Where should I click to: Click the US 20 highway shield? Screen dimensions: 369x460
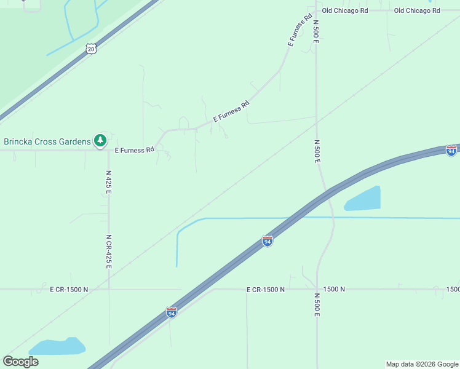click(91, 49)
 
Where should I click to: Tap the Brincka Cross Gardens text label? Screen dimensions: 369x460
click(47, 141)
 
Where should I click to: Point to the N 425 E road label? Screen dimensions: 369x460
click(108, 183)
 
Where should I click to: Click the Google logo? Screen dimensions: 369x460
click(20, 362)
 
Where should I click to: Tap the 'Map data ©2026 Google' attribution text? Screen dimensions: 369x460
click(422, 364)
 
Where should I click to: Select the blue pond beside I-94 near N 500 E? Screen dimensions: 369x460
click(363, 199)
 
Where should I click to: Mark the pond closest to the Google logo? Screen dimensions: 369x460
click(57, 346)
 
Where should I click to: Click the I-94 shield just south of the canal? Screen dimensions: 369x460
click(268, 241)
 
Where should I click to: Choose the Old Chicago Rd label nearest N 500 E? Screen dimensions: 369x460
click(345, 10)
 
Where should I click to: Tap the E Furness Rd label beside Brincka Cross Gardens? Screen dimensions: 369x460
click(135, 149)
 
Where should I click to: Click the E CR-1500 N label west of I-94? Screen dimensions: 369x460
click(69, 289)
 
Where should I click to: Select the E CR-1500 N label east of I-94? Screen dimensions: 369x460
click(266, 289)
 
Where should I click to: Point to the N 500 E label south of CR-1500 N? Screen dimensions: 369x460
click(317, 304)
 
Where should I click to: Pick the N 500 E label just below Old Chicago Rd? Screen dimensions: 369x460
click(316, 30)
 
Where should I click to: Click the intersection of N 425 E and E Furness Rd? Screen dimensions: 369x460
click(109, 150)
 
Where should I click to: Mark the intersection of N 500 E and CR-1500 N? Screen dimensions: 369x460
click(317, 288)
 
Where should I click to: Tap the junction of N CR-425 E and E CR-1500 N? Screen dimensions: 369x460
click(109, 289)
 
